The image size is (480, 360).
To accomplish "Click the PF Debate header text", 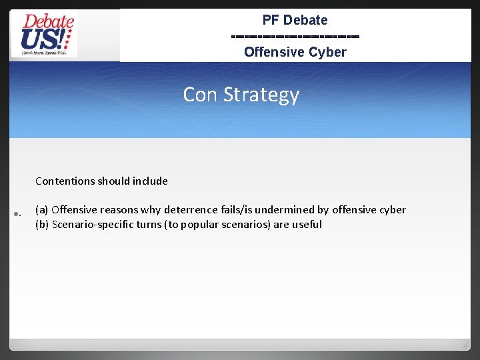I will point(295,20).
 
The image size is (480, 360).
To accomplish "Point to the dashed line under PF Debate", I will point(295,36).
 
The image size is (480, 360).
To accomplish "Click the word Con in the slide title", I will point(201,95).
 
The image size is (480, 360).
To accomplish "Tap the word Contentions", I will point(65,181).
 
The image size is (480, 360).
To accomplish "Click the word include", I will point(150,181).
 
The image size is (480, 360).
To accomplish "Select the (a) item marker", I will point(41,210).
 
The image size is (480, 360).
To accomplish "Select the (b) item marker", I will point(41,225).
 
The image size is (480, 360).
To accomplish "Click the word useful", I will point(307,225).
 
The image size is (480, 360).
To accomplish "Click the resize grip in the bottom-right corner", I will point(465,344).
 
